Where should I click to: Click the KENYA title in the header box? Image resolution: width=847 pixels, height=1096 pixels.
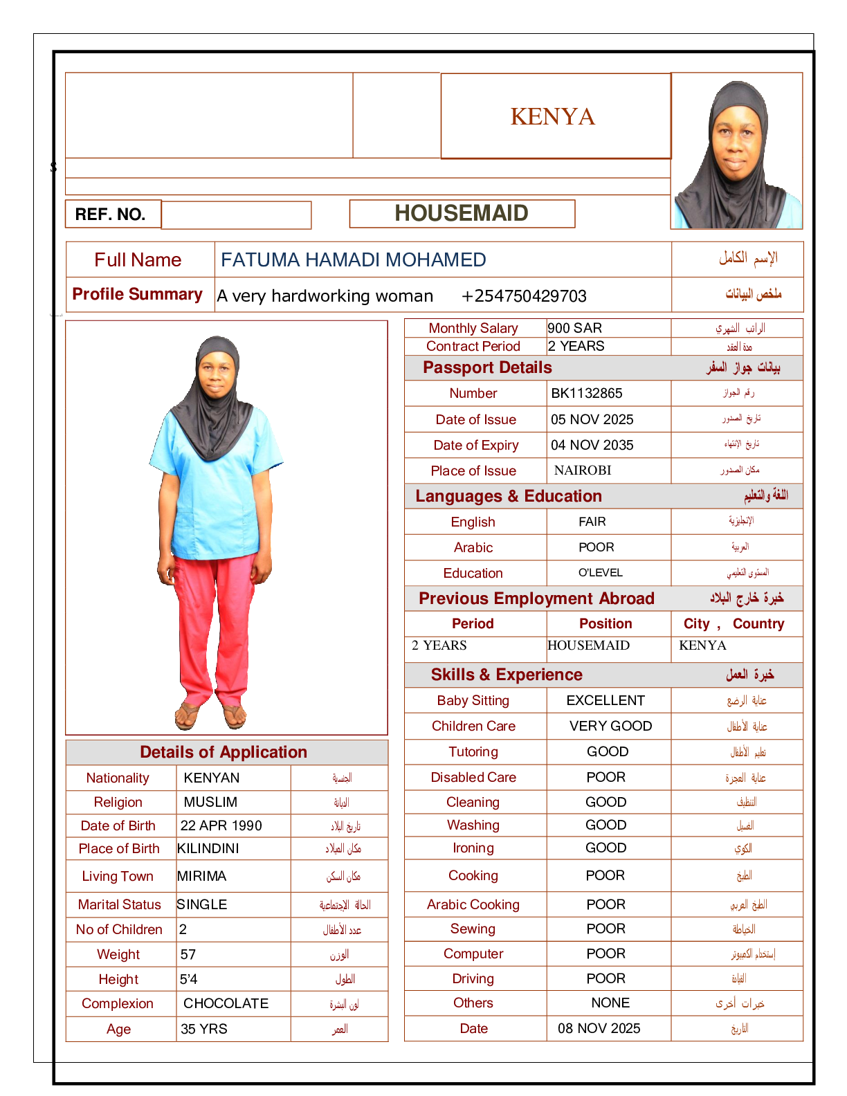point(552,117)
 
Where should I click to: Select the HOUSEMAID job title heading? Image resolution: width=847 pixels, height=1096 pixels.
point(462,213)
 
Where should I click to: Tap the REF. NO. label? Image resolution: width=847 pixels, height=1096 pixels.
point(110,214)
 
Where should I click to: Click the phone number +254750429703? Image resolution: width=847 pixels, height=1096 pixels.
point(524,296)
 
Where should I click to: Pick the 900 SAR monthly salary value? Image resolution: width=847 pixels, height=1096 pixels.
point(574,328)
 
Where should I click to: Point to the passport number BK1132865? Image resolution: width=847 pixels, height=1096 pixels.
point(587,393)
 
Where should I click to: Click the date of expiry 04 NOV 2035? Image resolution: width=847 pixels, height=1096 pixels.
point(592,445)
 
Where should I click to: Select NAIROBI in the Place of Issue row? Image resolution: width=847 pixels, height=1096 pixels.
point(583,471)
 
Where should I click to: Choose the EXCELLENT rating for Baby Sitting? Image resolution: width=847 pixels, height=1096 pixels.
point(605,700)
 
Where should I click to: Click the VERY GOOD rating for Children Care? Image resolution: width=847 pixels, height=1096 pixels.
point(610,726)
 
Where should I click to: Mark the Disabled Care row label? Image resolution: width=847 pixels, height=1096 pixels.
point(473,777)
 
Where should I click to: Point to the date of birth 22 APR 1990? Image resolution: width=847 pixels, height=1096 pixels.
point(221,825)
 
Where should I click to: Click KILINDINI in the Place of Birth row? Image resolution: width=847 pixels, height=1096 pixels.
point(208,848)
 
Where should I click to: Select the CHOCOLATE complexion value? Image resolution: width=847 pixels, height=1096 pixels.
point(226,1003)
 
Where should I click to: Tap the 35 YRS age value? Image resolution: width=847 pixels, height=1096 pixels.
point(204,1029)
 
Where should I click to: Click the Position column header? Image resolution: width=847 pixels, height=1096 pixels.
point(605,623)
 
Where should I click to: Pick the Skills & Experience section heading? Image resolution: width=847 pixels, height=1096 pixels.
point(507,675)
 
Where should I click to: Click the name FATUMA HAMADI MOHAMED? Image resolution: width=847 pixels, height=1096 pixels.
point(353,259)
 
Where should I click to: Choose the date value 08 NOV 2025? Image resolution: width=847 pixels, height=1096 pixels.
point(599,1028)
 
